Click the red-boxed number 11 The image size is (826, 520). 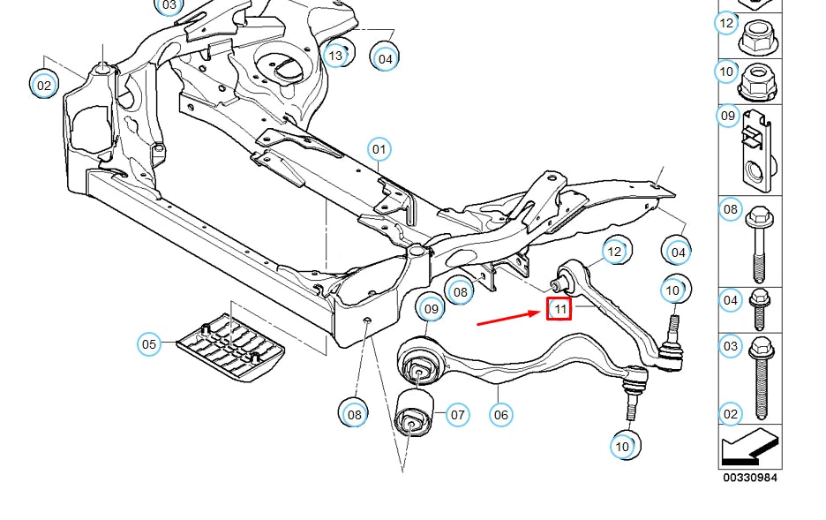point(559,309)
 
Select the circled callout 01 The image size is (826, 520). point(379,148)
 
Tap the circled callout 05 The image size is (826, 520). point(150,343)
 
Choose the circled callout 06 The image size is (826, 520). point(500,413)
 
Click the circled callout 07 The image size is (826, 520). point(457,413)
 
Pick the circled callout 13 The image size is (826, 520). point(335,56)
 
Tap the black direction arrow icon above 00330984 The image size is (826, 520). point(750,446)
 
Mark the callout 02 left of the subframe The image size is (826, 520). point(43,85)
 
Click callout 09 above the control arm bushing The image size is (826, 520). point(431,309)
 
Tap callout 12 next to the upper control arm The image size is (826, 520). point(614,252)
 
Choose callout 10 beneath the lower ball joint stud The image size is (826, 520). point(623,447)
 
